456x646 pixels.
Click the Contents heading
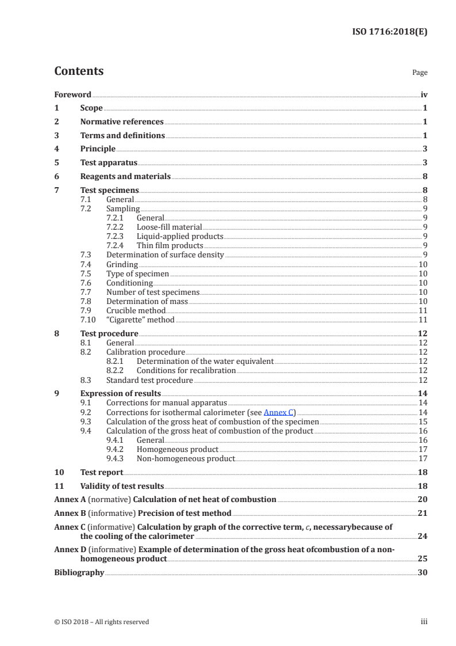tap(79, 71)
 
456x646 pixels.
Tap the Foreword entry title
tap(72, 94)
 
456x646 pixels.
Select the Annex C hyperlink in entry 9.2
tap(278, 412)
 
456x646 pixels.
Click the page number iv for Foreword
tap(424, 94)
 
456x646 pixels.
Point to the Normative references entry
tap(122, 122)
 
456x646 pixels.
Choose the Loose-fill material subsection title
tap(169, 227)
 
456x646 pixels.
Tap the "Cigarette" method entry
tap(140, 320)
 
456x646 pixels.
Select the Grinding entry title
tap(122, 264)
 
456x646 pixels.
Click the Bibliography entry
tap(79, 572)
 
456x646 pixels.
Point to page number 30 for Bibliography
tap(423, 572)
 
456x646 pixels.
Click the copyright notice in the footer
tap(101, 621)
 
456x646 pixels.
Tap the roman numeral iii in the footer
tap(424, 621)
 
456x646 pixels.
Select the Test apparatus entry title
tap(109, 163)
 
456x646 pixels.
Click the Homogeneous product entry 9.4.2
tap(177, 449)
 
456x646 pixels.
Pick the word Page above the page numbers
tap(420, 73)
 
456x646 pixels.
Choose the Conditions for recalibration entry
tap(186, 370)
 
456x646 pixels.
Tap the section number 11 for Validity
tap(59, 486)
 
